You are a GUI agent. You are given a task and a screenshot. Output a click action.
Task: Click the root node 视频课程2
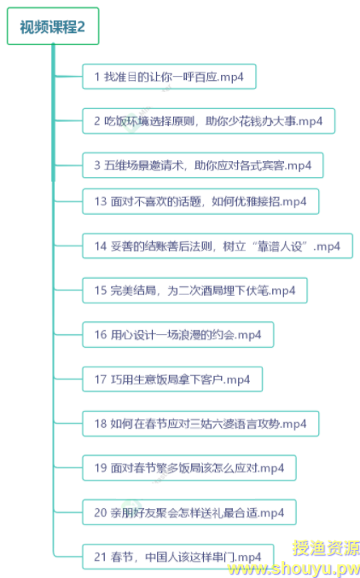point(53,26)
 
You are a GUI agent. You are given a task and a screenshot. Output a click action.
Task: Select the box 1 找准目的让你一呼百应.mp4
point(169,77)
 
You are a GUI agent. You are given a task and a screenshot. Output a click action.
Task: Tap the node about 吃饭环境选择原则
point(209,121)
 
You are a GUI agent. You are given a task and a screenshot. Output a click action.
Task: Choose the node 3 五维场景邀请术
point(203,165)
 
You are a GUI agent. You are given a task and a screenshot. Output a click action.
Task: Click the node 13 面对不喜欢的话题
point(200,202)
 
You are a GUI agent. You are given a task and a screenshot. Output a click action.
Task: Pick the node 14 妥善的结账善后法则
point(218,246)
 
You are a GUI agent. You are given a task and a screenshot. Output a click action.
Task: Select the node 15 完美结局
point(195,291)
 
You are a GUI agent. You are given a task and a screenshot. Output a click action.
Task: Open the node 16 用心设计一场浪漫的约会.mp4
point(178,335)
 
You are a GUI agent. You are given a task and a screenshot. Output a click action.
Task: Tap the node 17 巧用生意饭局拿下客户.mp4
point(172,379)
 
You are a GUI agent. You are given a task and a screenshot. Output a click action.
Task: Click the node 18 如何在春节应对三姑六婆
point(200,424)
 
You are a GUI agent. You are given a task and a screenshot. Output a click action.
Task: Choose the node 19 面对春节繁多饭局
point(189,468)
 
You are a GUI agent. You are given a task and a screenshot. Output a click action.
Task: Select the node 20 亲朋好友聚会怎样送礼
point(189,512)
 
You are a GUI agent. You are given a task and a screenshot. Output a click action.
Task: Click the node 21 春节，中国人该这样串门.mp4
point(178,557)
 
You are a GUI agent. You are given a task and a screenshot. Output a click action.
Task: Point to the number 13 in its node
point(101,202)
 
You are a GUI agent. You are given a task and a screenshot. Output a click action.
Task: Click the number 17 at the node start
point(101,379)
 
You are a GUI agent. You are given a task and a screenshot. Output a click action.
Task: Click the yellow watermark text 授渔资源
point(326,548)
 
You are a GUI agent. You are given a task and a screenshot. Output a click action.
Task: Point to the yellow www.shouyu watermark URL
point(293,569)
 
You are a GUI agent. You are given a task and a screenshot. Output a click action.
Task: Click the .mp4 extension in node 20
point(271,513)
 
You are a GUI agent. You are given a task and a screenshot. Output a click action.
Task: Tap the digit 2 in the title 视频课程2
point(81,27)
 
